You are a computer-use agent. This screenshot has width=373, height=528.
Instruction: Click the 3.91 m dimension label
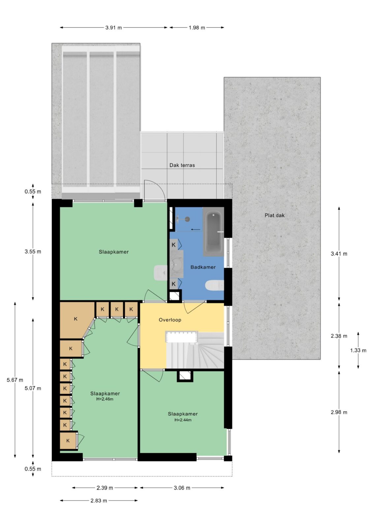tap(113, 28)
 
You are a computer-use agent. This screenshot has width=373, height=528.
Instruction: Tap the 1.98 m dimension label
tap(197, 28)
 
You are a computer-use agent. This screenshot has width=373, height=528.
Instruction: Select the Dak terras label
tap(182, 165)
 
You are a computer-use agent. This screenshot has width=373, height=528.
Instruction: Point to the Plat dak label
tap(274, 215)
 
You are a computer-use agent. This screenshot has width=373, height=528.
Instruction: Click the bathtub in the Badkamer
tap(213, 232)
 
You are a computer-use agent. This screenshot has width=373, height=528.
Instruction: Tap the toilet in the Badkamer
tap(214, 286)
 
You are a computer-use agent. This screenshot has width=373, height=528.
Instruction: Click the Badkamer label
tap(203, 267)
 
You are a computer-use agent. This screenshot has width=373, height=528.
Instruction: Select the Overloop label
tap(170, 320)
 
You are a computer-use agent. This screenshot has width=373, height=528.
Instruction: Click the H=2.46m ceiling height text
tap(105, 399)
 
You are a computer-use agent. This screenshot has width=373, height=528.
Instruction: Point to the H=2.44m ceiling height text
tap(183, 420)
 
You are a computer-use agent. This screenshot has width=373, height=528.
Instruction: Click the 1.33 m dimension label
tap(358, 350)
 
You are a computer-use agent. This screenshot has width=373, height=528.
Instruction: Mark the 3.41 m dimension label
tap(339, 254)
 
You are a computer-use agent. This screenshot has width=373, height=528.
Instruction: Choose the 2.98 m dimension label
tap(339, 412)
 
